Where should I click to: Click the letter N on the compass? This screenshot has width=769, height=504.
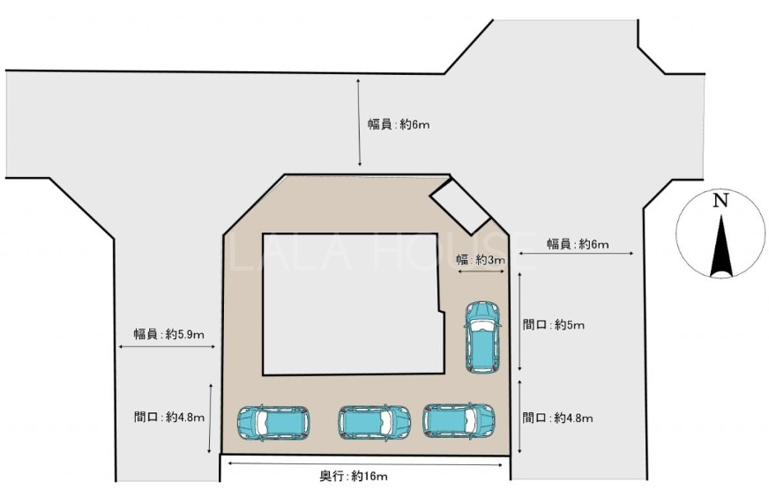pyautogui.click(x=720, y=201)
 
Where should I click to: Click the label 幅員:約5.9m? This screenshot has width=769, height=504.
pyautogui.click(x=169, y=335)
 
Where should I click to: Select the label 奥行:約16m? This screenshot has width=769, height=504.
pyautogui.click(x=354, y=476)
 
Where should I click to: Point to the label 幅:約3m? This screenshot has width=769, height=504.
pyautogui.click(x=480, y=260)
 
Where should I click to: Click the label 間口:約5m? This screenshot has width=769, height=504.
pyautogui.click(x=553, y=325)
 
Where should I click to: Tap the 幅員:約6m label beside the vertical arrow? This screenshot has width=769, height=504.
pyautogui.click(x=399, y=124)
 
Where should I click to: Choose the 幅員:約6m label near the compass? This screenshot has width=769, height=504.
pyautogui.click(x=578, y=244)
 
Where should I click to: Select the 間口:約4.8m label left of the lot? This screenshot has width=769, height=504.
pyautogui.click(x=169, y=417)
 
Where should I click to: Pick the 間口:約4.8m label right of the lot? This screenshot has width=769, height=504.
pyautogui.click(x=557, y=418)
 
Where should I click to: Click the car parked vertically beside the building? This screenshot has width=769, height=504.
pyautogui.click(x=482, y=337)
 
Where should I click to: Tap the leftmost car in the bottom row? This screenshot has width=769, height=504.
pyautogui.click(x=273, y=423)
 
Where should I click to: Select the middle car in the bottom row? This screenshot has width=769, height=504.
pyautogui.click(x=374, y=423)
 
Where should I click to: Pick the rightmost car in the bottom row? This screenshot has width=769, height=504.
pyautogui.click(x=459, y=421)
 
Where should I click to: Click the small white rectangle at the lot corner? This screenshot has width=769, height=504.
pyautogui.click(x=460, y=205)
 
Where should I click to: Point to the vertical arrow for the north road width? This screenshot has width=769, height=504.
pyautogui.click(x=360, y=122)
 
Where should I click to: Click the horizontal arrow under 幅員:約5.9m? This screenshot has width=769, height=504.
pyautogui.click(x=168, y=347)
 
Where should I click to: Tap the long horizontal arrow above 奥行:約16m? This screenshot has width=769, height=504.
pyautogui.click(x=365, y=463)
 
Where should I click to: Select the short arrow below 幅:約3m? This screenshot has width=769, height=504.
pyautogui.click(x=481, y=271)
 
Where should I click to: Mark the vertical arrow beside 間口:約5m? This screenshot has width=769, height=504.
pyautogui.click(x=519, y=322)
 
